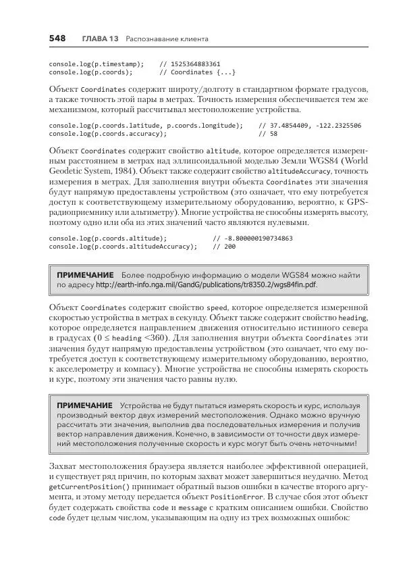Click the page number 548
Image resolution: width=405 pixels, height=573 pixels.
tap(57, 39)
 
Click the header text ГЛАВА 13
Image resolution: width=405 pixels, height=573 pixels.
tap(99, 39)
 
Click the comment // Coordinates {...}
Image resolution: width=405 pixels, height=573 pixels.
tap(197, 72)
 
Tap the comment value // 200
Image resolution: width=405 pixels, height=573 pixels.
tap(226, 247)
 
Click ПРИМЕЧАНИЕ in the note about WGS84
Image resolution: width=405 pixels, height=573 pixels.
tap(85, 275)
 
